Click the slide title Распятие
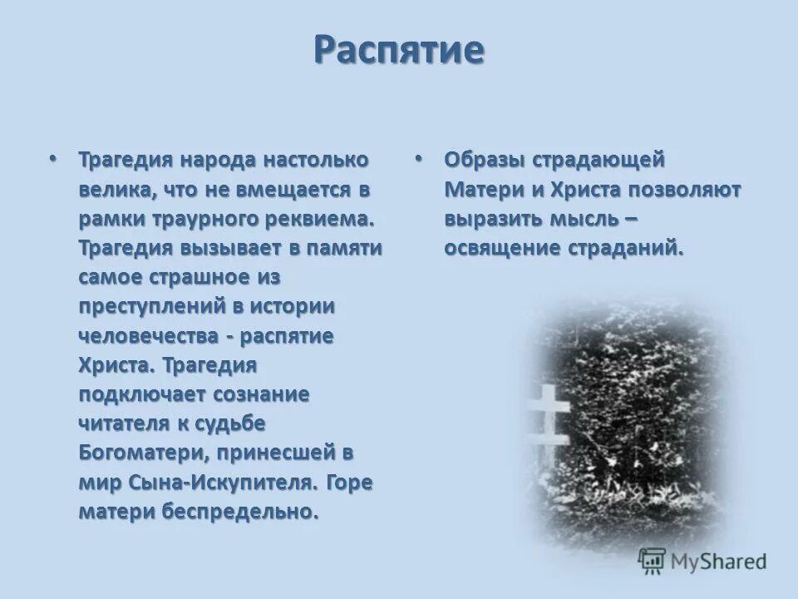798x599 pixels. [x=399, y=50]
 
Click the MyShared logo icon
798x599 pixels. [x=652, y=562]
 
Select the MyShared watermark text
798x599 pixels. [x=719, y=562]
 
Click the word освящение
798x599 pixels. [x=491, y=248]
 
